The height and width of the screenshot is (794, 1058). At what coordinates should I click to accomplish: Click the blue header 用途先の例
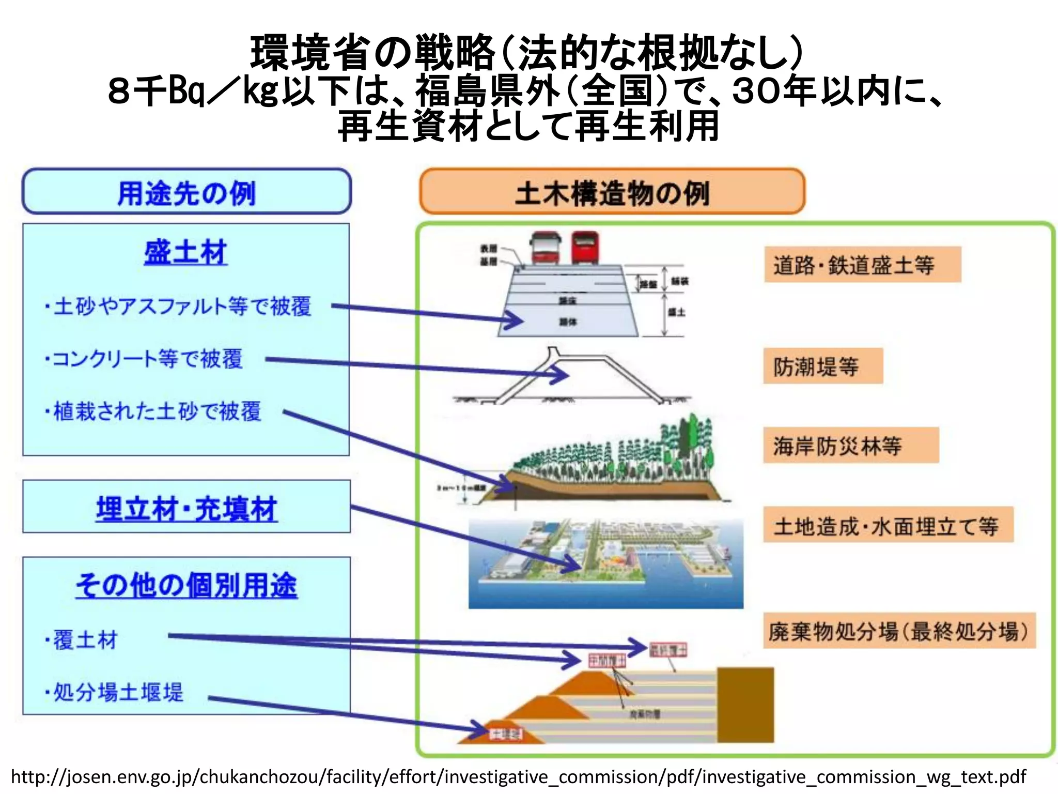[186, 192]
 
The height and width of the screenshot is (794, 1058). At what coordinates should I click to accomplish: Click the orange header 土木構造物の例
[612, 193]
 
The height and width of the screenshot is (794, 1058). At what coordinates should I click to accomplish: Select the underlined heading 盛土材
[185, 253]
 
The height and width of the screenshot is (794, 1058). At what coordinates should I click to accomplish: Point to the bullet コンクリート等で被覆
[145, 359]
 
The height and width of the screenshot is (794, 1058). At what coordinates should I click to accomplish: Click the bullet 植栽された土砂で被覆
[154, 411]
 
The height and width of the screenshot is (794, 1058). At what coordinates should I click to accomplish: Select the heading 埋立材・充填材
[186, 509]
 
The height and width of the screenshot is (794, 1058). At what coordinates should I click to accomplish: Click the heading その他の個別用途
[186, 586]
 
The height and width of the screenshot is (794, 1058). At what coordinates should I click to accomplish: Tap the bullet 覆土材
[83, 640]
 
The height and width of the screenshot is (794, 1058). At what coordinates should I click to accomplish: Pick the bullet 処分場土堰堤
[115, 692]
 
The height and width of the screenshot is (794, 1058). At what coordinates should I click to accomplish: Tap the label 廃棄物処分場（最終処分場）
[899, 631]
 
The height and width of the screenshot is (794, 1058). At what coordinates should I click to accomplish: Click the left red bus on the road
[546, 248]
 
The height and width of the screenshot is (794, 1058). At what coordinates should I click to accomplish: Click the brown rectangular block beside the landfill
[745, 704]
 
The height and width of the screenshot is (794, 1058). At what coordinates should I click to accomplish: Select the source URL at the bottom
[518, 776]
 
